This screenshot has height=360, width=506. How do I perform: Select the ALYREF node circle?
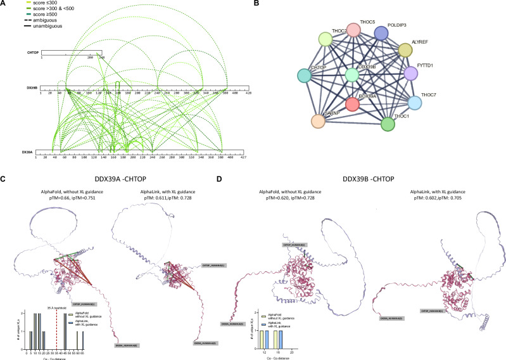click(407, 51)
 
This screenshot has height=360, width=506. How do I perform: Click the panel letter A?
click(4, 4)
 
